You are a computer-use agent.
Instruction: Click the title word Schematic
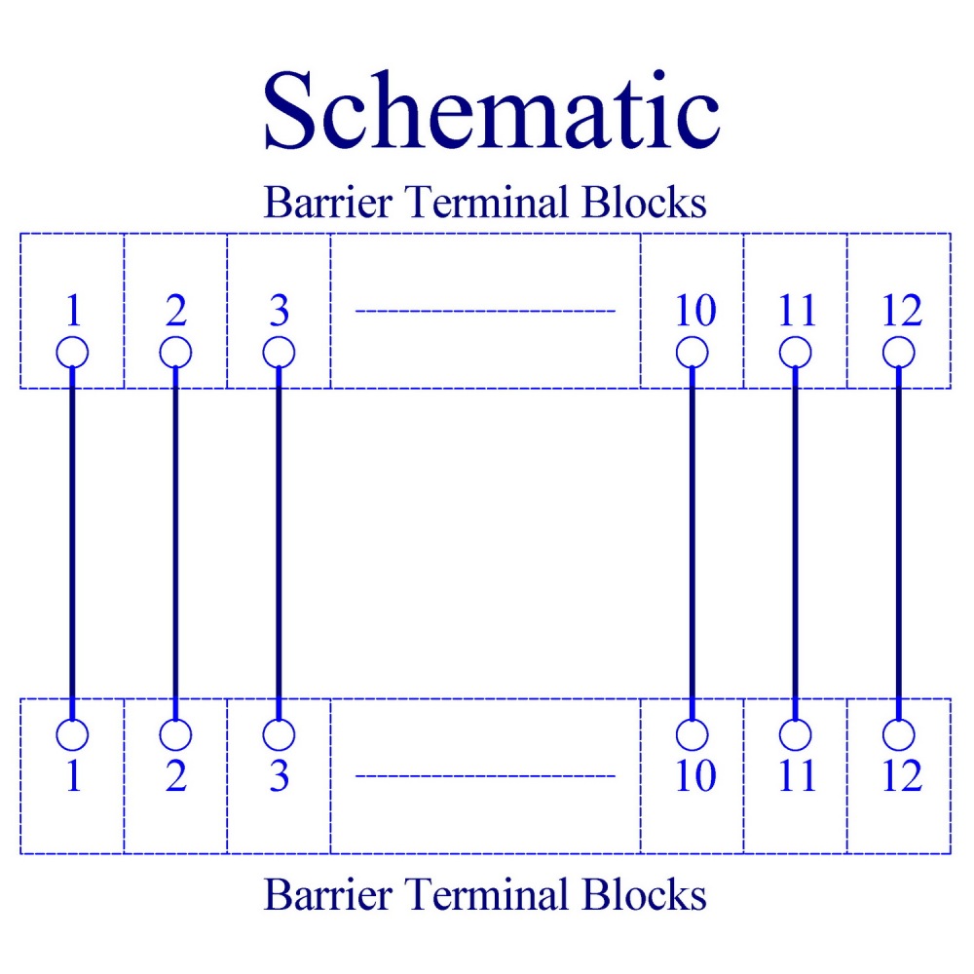pyautogui.click(x=491, y=110)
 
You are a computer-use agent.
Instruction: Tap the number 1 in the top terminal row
pyautogui.click(x=73, y=310)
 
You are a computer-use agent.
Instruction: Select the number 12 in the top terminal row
pyautogui.click(x=902, y=310)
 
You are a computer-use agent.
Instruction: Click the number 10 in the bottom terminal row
pyautogui.click(x=695, y=776)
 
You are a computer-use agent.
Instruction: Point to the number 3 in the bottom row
pyautogui.click(x=280, y=776)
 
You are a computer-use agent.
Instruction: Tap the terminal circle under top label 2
pyautogui.click(x=175, y=353)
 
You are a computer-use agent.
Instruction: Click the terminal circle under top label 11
pyautogui.click(x=795, y=353)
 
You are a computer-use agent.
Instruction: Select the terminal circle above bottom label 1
pyautogui.click(x=72, y=734)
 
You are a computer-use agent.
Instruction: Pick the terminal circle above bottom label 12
pyautogui.click(x=899, y=734)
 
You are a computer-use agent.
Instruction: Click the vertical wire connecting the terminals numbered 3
pyautogui.click(x=279, y=543)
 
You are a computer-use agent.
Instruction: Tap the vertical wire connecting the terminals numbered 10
pyautogui.click(x=692, y=543)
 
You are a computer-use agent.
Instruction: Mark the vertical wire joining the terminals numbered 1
pyautogui.click(x=72, y=543)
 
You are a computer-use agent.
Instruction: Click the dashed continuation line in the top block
pyautogui.click(x=485, y=311)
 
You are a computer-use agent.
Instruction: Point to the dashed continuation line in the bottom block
pyautogui.click(x=485, y=776)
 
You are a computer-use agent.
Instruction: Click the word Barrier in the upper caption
pyautogui.click(x=328, y=202)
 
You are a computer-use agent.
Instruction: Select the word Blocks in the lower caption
pyautogui.click(x=644, y=894)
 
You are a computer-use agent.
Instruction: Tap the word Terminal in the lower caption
pyautogui.click(x=487, y=894)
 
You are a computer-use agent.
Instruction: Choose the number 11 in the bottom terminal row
pyautogui.click(x=797, y=776)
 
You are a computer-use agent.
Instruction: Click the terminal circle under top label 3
pyautogui.click(x=279, y=353)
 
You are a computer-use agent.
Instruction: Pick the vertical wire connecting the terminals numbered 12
pyautogui.click(x=899, y=543)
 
